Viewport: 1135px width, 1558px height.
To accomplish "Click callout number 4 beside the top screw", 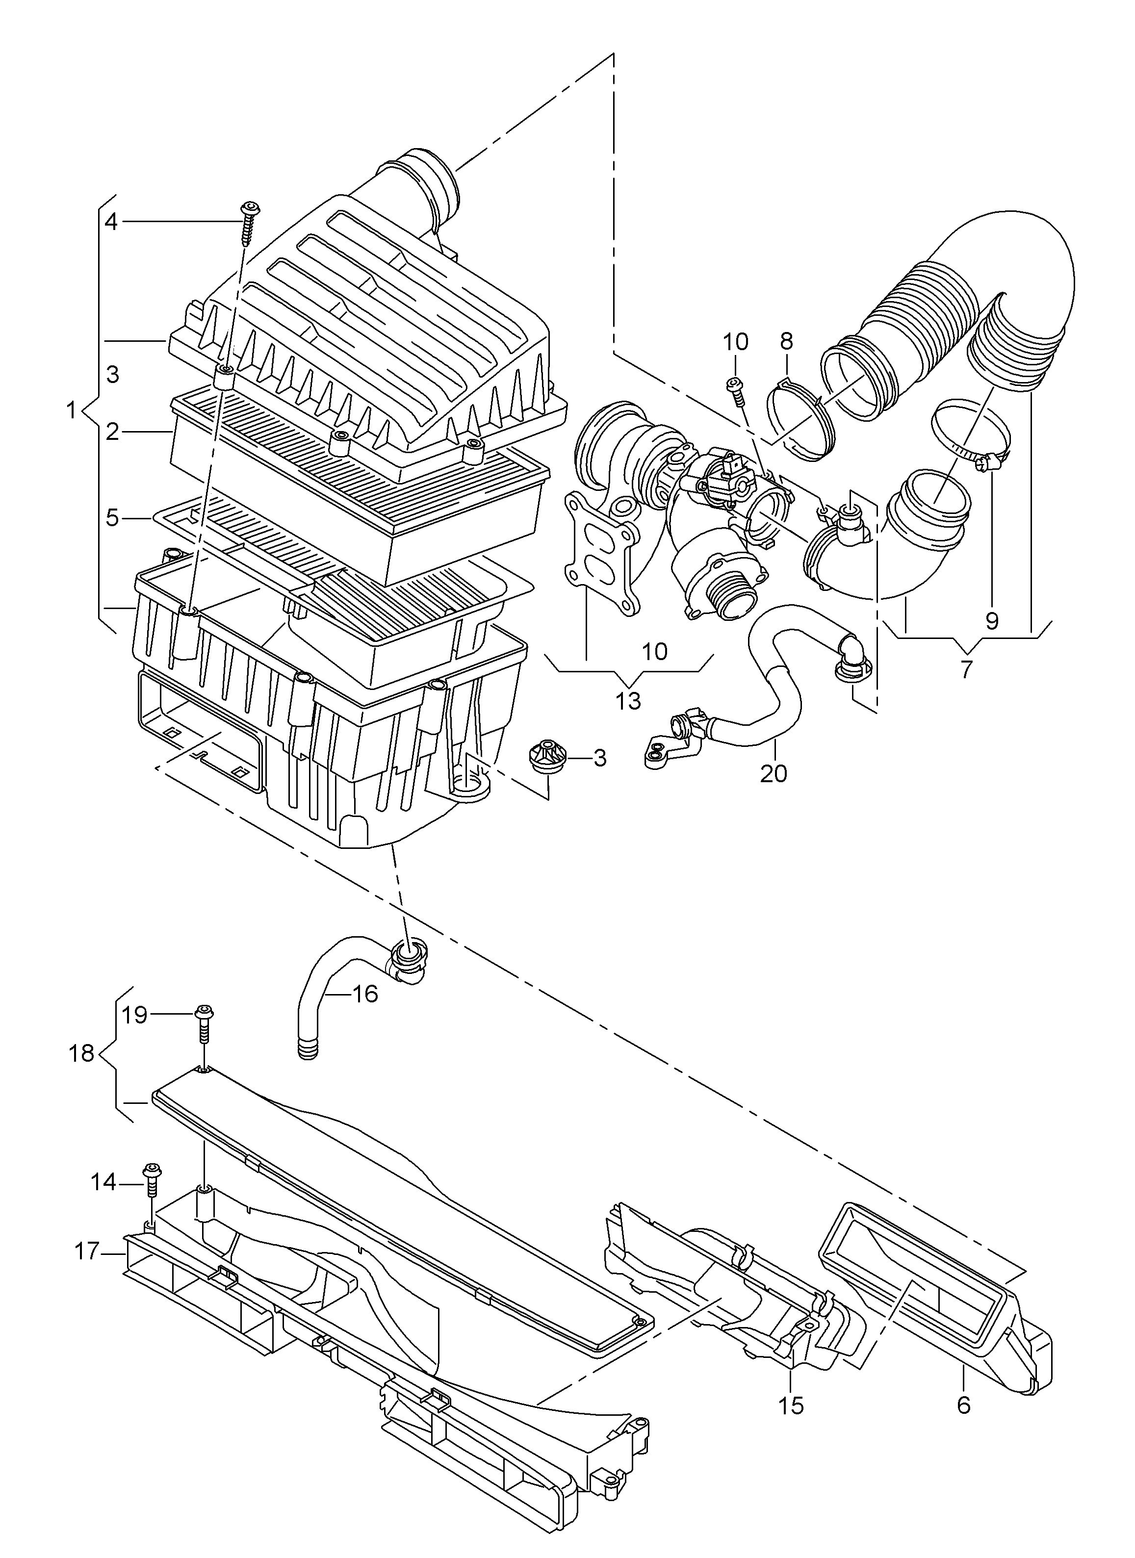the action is click(111, 221).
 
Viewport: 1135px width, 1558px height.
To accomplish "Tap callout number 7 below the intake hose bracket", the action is click(967, 668).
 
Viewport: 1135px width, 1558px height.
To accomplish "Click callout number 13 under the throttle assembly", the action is click(628, 701).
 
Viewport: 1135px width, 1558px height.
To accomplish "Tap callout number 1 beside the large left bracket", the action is click(70, 411).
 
